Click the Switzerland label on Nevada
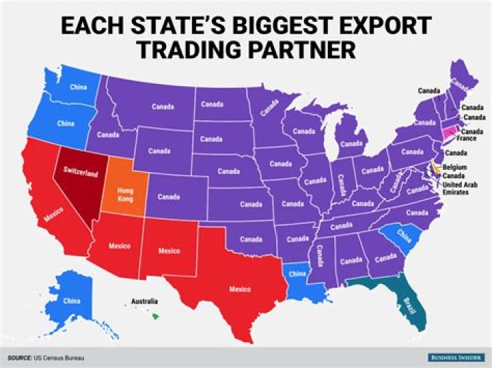(80, 170)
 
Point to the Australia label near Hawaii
(144, 301)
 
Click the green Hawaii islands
(156, 314)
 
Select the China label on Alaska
(70, 300)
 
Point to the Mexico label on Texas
(240, 289)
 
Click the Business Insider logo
(453, 357)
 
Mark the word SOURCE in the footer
(19, 357)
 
